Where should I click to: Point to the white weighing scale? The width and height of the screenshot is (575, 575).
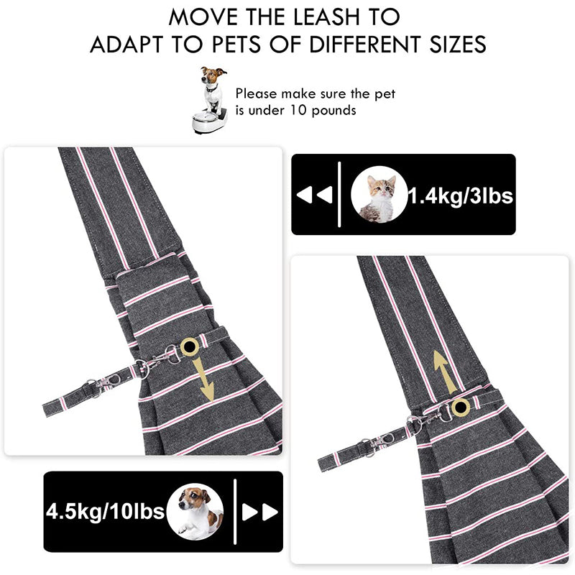(x=209, y=119)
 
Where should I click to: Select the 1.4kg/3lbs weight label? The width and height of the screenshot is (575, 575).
(x=461, y=195)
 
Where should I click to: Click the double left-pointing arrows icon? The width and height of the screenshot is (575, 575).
(x=314, y=195)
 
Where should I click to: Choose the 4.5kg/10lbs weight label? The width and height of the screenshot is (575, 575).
(x=105, y=511)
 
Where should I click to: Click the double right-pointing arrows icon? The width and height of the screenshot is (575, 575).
(x=259, y=512)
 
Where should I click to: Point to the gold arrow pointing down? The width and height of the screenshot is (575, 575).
(x=205, y=382)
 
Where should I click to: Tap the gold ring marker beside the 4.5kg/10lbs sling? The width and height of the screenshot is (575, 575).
(x=190, y=346)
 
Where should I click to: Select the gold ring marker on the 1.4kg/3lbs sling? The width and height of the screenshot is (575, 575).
(x=460, y=407)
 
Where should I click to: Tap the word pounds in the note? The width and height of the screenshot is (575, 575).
(x=333, y=111)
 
